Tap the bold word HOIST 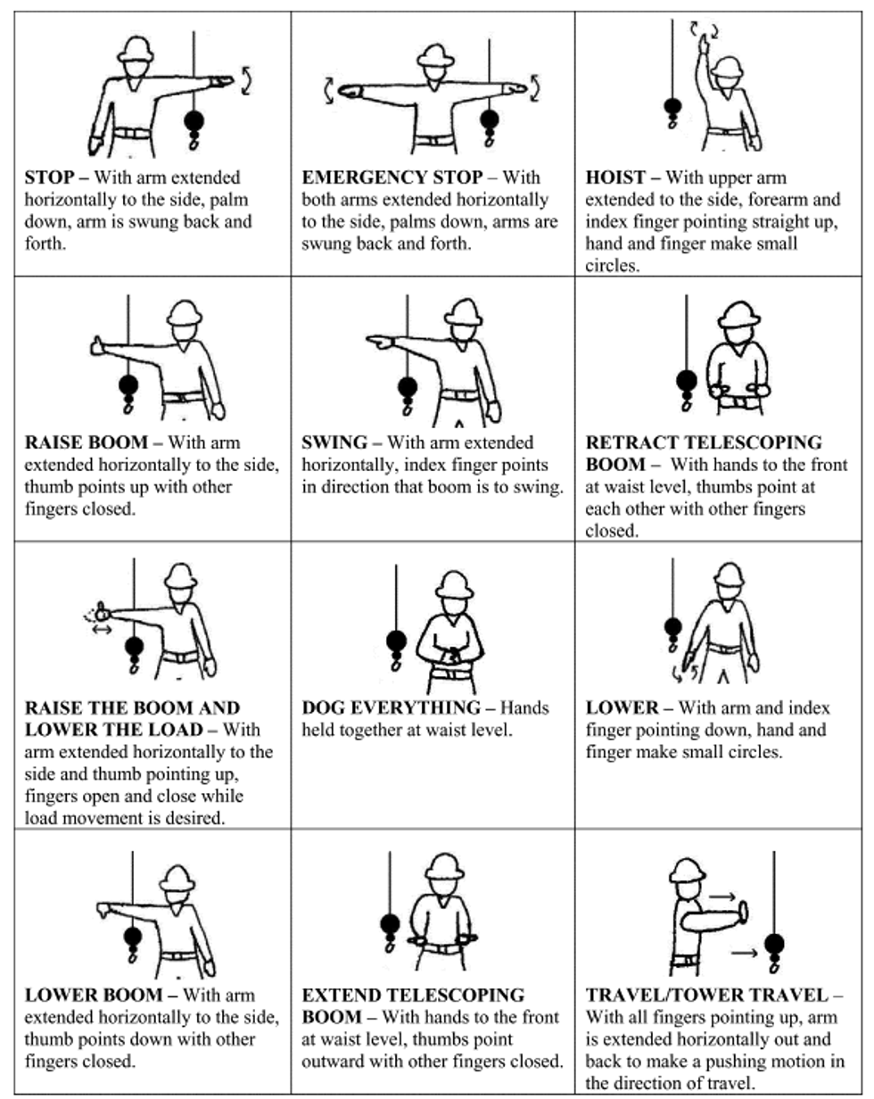pyautogui.click(x=615, y=178)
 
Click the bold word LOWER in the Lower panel pyautogui.click(x=622, y=708)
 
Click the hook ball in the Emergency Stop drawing pyautogui.click(x=489, y=120)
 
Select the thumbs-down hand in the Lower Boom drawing pyautogui.click(x=105, y=911)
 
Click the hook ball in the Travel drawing pyautogui.click(x=774, y=944)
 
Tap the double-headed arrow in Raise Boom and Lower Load pyautogui.click(x=102, y=630)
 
